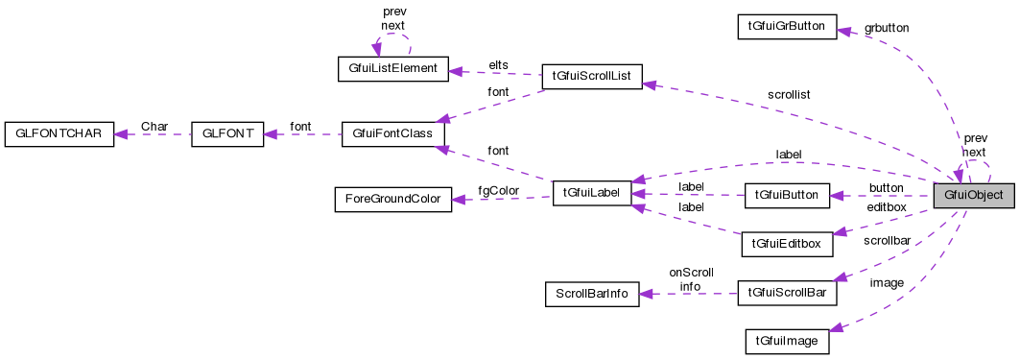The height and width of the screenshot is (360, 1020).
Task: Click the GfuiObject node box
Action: pos(974,195)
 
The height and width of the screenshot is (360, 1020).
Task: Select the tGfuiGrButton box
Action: pos(786,25)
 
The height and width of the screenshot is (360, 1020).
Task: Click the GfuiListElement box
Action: pos(393,68)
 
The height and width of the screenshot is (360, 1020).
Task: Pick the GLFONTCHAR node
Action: pos(59,133)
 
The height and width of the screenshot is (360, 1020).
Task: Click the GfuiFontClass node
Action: pos(392,133)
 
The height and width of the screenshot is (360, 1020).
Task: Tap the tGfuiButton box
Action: pos(786,195)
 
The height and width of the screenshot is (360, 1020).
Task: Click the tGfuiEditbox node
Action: pos(786,243)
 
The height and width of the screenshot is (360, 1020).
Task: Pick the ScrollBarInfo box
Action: pos(591,294)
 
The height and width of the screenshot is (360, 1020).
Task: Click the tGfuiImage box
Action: pos(786,341)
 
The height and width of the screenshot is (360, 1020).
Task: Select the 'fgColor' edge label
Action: pos(500,190)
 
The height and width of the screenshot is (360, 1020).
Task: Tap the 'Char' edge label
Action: pos(154,126)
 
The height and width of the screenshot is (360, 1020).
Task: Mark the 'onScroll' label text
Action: pos(690,272)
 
